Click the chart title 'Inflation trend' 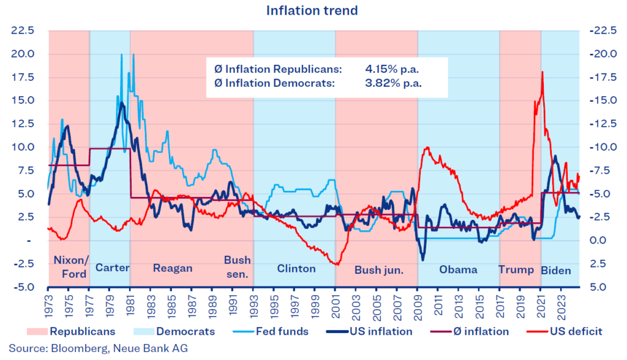tap(312, 10)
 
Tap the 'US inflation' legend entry tap(381, 331)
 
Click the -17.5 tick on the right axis tap(601, 77)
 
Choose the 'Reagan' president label tap(173, 269)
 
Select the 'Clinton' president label tap(296, 269)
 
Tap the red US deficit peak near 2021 tap(542, 73)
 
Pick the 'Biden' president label tap(556, 270)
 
